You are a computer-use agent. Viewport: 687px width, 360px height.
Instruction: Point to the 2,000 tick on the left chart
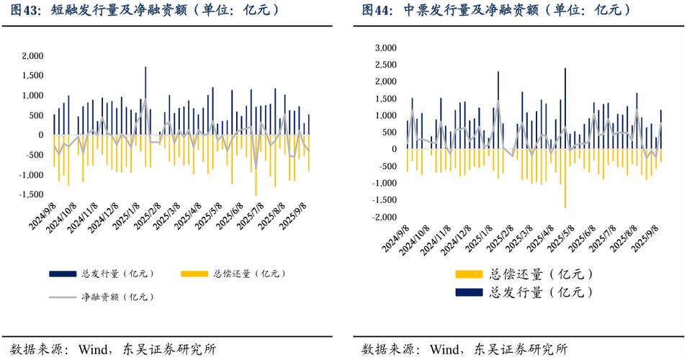(32, 55)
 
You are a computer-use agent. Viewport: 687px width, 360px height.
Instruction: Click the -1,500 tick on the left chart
(31, 194)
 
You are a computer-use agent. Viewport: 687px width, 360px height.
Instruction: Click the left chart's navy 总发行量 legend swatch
(63, 274)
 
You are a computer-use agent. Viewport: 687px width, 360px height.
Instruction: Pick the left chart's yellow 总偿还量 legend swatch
(195, 274)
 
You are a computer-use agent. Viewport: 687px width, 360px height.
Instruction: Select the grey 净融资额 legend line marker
(63, 297)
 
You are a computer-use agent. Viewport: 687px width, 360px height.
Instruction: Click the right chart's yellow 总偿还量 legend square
(469, 274)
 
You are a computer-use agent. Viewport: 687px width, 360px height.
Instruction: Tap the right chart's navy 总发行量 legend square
(469, 292)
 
